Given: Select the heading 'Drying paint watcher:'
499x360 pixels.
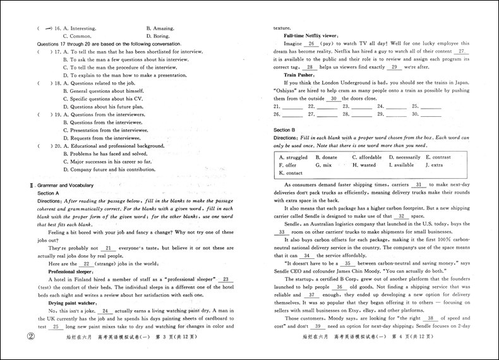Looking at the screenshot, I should pos(75,303).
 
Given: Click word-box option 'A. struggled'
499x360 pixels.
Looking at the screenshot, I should pos(293,157).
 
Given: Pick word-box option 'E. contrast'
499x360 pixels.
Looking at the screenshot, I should pos(438,157).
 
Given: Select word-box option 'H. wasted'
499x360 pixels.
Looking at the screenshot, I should pos(364,165).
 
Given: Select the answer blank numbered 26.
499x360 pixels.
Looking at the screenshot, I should pos(291,116).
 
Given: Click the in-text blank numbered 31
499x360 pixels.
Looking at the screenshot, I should pos(419,184).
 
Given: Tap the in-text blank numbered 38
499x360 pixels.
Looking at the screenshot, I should pos(432,318).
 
